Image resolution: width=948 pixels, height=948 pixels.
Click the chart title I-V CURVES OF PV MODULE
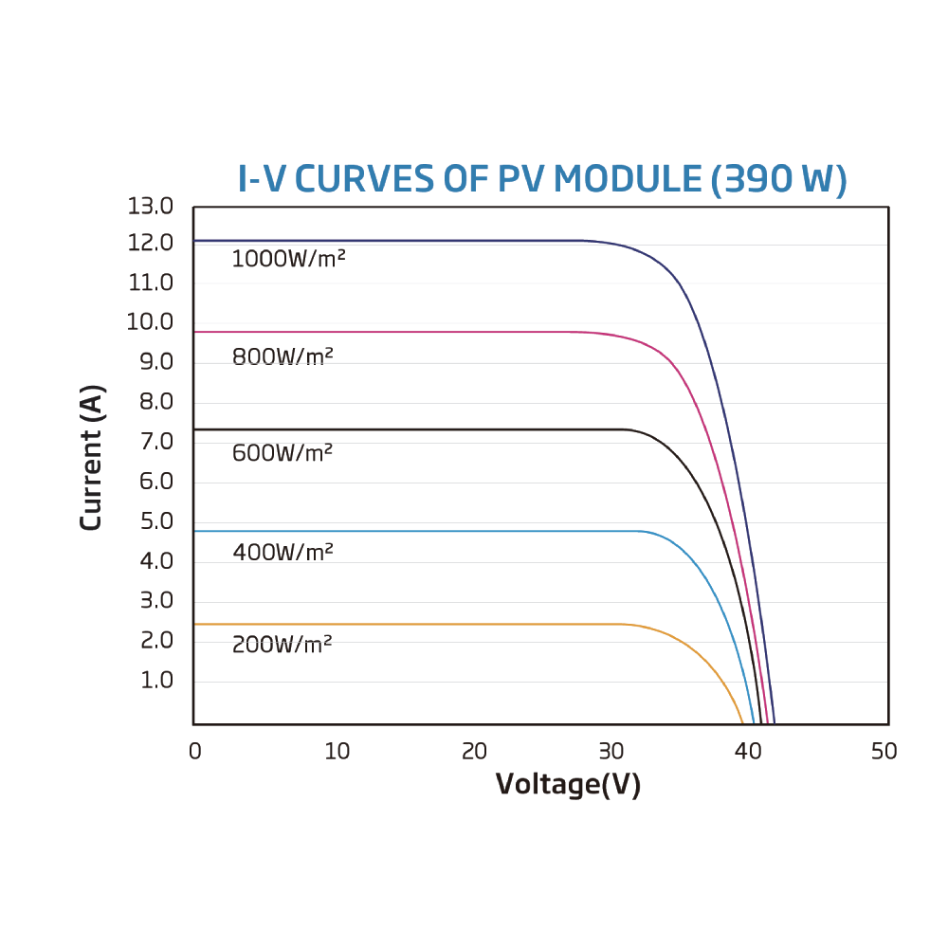[471, 179]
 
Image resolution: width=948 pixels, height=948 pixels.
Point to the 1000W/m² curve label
[288, 258]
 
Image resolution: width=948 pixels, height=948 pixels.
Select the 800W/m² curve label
[283, 357]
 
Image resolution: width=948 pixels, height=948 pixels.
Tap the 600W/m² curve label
[283, 453]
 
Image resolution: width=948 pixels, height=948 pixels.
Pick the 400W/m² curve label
[283, 551]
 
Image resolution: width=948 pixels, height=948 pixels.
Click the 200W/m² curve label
[282, 645]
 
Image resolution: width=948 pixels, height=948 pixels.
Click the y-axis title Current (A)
[92, 457]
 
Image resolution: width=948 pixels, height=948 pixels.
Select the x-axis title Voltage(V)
[568, 785]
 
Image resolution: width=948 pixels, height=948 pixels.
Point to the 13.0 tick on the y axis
[151, 206]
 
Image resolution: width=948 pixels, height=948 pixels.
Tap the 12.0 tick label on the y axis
[151, 244]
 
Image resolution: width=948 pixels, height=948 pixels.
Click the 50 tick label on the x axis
[884, 752]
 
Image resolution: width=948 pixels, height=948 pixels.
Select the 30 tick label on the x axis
[611, 752]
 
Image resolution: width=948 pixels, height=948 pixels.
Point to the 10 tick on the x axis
[337, 752]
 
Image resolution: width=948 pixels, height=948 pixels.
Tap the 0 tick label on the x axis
[194, 752]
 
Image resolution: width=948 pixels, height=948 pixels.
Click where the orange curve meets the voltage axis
[742, 722]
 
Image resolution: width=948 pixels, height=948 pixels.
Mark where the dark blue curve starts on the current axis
[194, 241]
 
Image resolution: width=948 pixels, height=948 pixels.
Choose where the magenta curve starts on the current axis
[194, 332]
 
